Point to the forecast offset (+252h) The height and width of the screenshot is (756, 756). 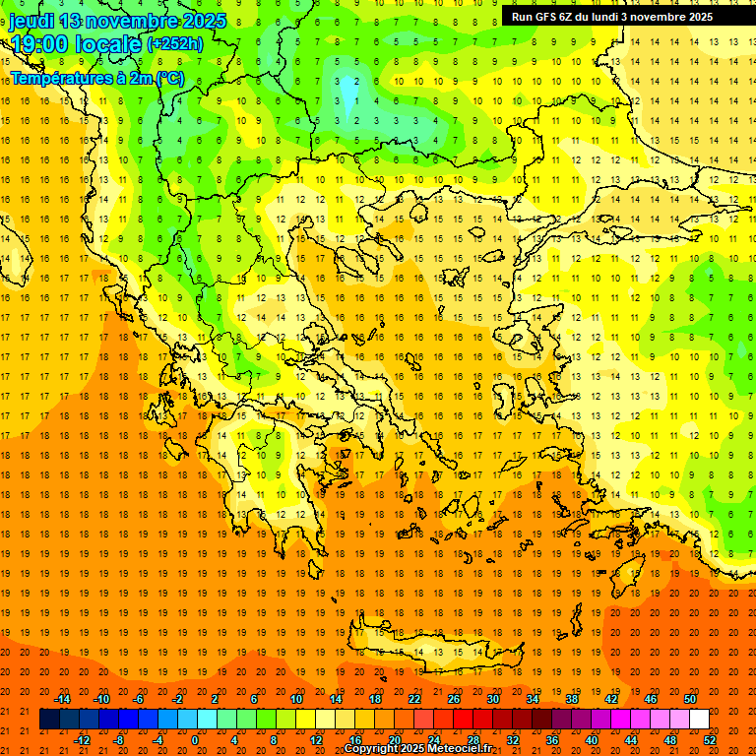pos(175,44)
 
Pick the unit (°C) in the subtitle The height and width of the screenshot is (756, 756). pos(168,77)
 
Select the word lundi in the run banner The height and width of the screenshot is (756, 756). pos(610,17)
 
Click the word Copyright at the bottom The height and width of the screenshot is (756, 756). pos(372,749)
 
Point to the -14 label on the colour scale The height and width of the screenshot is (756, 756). pos(62,699)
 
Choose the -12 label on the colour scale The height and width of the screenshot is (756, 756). pos(82,740)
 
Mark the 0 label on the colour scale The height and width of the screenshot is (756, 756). pos(195,740)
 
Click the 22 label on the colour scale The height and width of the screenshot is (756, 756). pos(414,699)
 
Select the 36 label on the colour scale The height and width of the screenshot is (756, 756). pos(552,740)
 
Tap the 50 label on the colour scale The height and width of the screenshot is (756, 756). pos(690,699)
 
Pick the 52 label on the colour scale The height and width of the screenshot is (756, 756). pos(710,740)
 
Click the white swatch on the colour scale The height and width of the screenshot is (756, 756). pos(699,720)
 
